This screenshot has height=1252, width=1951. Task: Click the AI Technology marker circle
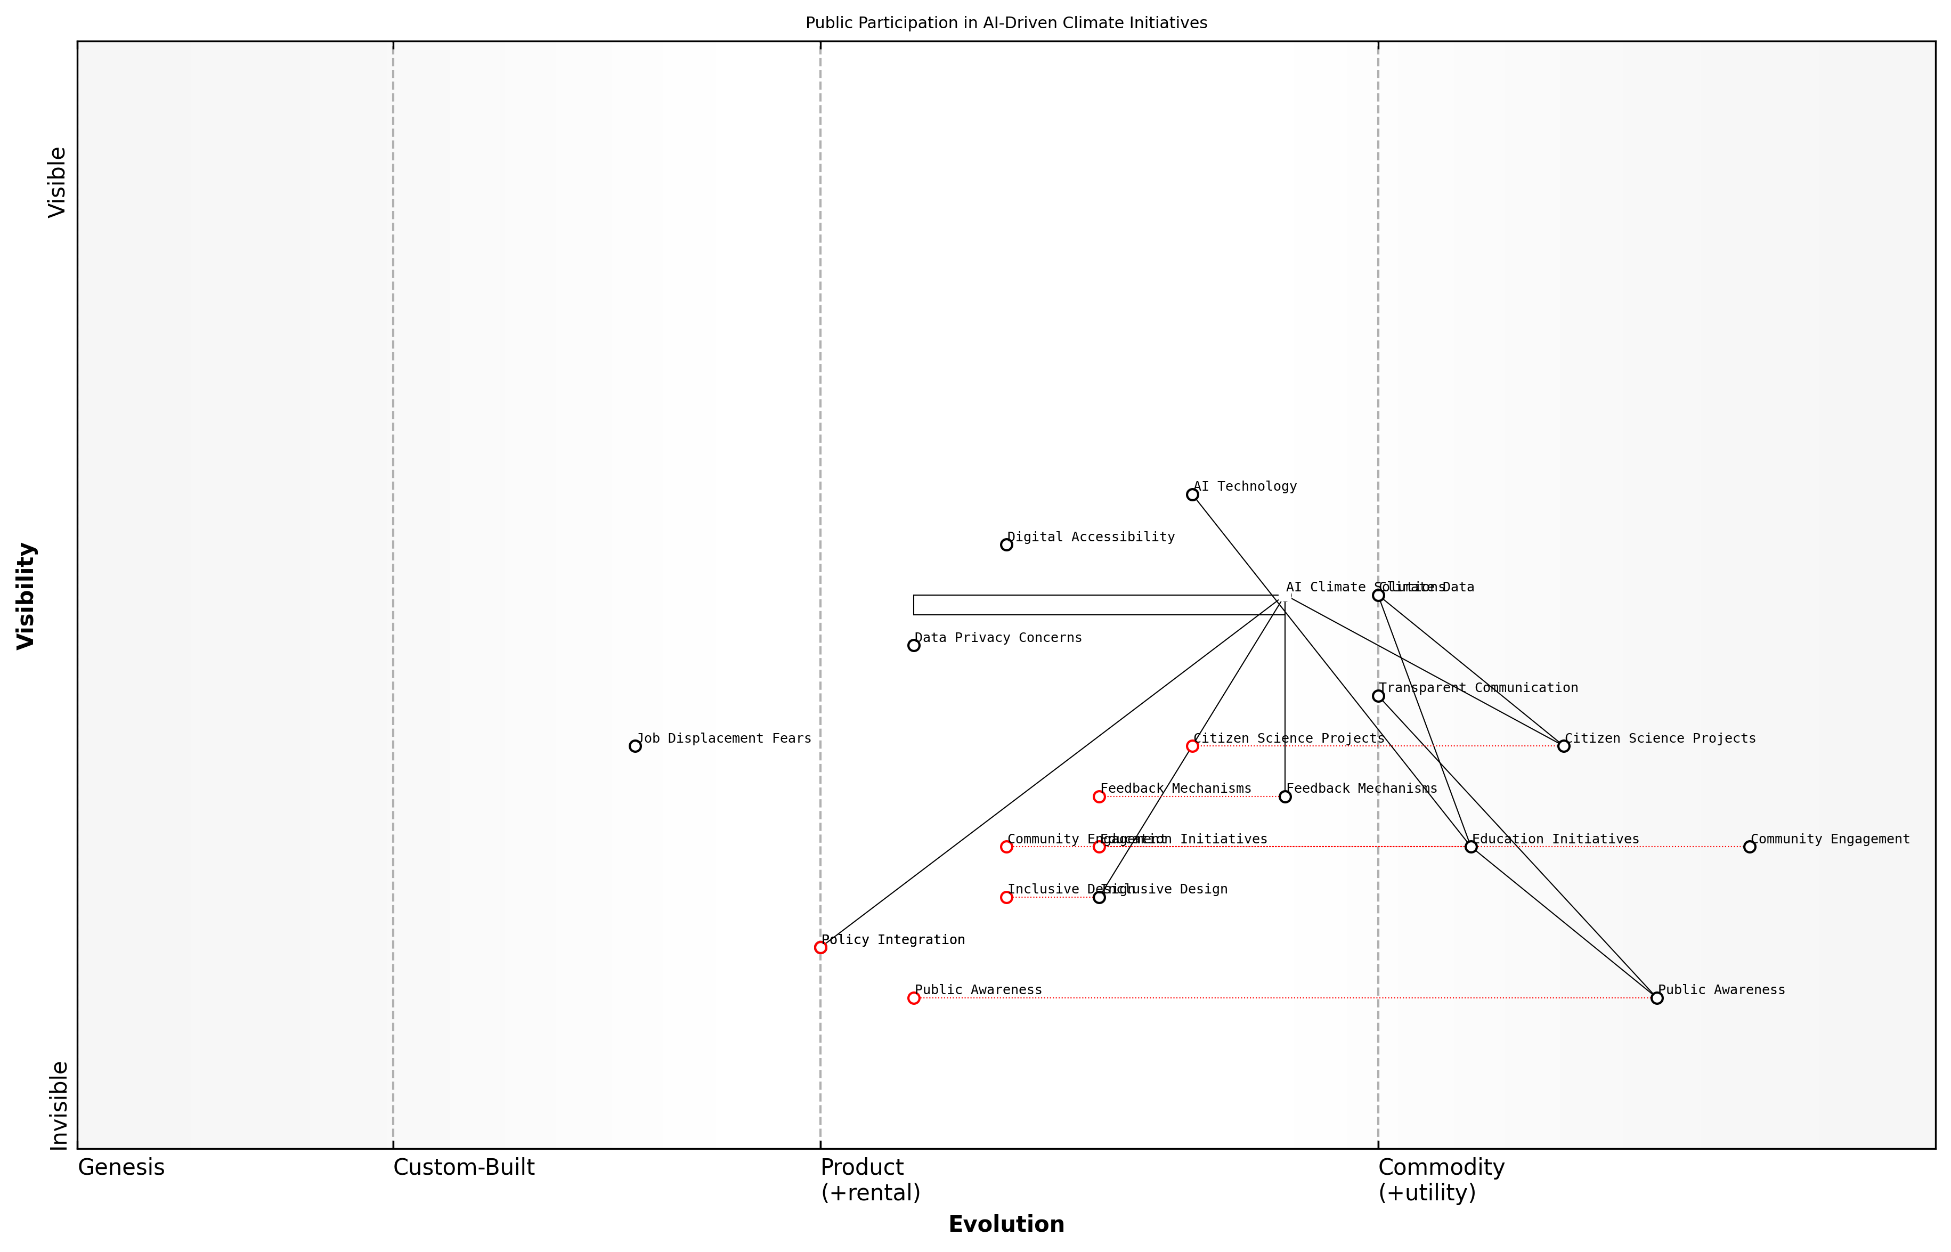pyautogui.click(x=1192, y=494)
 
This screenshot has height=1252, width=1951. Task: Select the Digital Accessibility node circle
pyautogui.click(x=1006, y=544)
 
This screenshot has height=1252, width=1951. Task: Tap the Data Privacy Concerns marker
pyautogui.click(x=914, y=646)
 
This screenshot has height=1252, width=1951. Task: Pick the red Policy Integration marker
pyautogui.click(x=820, y=947)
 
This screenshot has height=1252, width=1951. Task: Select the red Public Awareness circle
pyautogui.click(x=914, y=997)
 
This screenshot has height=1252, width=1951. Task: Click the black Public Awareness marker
pyautogui.click(x=1657, y=997)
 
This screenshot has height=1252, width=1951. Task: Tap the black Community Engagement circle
pyautogui.click(x=1750, y=847)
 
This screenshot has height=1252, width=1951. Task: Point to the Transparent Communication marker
pyautogui.click(x=1378, y=696)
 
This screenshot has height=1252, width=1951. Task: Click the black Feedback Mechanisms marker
pyautogui.click(x=1285, y=796)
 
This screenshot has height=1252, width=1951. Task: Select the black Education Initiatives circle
pyautogui.click(x=1470, y=847)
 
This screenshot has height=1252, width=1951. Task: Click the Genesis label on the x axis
pyautogui.click(x=121, y=1167)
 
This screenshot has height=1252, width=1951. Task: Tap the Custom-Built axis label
pyautogui.click(x=464, y=1167)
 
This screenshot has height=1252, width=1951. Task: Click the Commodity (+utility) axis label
pyautogui.click(x=1441, y=1180)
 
